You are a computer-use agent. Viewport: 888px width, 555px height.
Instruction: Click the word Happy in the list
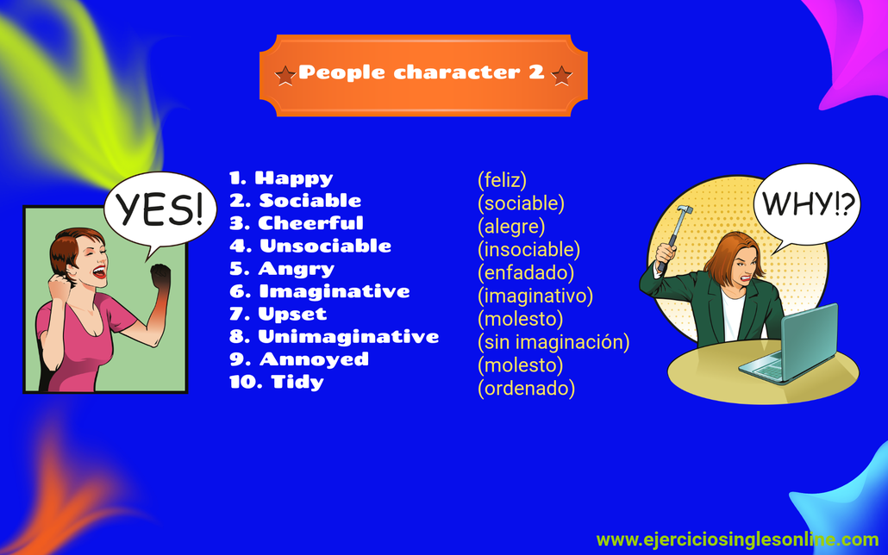[294, 178]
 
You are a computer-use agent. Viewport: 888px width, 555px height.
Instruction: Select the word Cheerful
[311, 223]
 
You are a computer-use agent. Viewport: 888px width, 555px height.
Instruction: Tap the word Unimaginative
[348, 336]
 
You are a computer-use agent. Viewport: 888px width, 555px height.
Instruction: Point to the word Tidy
[297, 382]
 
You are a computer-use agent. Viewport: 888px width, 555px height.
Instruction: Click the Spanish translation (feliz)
[502, 180]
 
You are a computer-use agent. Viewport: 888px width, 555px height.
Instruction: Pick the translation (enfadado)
[526, 273]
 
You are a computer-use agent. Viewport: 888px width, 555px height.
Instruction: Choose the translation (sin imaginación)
[553, 342]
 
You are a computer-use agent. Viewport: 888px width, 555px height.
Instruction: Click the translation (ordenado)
[526, 389]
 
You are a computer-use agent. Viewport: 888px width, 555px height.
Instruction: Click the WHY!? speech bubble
[807, 205]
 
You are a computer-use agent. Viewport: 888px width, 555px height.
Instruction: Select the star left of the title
[285, 75]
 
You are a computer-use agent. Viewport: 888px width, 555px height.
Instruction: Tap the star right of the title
[561, 75]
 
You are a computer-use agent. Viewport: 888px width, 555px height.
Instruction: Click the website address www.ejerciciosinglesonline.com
[737, 539]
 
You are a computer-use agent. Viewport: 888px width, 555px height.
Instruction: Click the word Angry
[297, 269]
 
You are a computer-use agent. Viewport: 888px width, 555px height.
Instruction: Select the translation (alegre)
[511, 227]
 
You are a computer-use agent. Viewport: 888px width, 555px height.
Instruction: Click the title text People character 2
[422, 73]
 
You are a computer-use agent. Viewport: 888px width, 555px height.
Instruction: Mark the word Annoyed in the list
[314, 359]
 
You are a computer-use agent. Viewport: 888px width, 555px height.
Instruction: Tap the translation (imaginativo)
[535, 296]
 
